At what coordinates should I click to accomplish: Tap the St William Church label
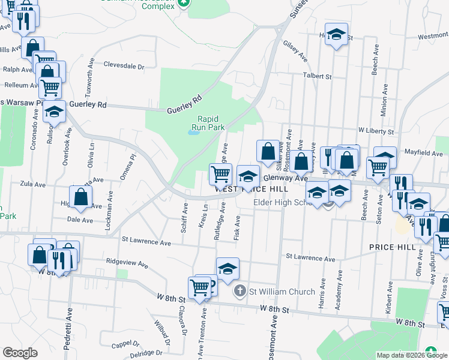pos(282,292)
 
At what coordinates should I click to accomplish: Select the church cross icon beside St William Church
pos(240,292)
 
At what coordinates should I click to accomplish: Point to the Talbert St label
pos(318,76)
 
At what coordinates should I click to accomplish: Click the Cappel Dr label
pos(125,344)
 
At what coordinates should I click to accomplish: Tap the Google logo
pos(20,353)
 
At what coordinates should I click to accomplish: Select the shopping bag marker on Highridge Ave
pos(80,196)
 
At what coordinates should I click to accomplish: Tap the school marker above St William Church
pos(228,269)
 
